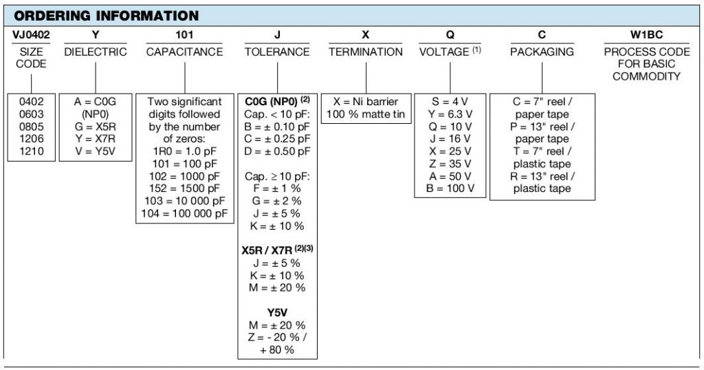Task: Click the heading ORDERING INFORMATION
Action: tap(107, 16)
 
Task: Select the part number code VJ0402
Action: tap(31, 34)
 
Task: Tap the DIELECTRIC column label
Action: tap(96, 52)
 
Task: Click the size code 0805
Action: tap(32, 127)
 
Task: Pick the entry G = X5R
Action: tap(96, 127)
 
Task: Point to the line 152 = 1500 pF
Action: tap(184, 188)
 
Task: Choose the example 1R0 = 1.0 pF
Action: tap(184, 151)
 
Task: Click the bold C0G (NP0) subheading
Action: tap(271, 102)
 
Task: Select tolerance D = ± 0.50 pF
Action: tap(277, 151)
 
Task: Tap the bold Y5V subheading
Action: tap(277, 312)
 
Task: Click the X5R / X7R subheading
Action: tap(267, 250)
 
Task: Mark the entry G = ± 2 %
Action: tap(277, 202)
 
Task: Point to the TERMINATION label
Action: tap(366, 52)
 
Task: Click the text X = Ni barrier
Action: tap(366, 102)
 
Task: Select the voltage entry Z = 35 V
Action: tap(450, 164)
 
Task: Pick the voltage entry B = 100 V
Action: tap(450, 188)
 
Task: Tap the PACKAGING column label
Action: tap(542, 52)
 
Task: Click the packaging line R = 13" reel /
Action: tap(542, 177)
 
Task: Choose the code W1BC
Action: tap(646, 34)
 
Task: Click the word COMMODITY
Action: tap(646, 76)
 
